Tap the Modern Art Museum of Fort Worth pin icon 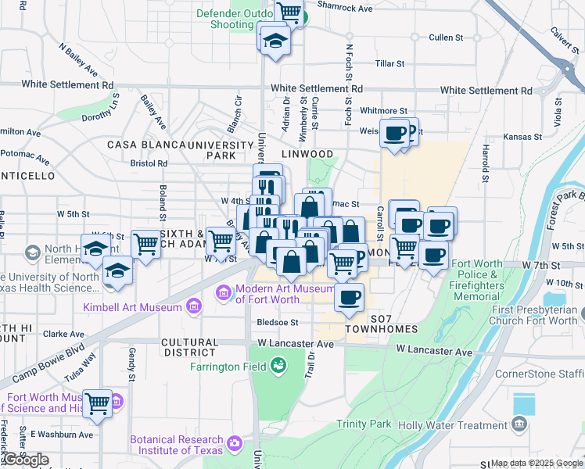click(224, 294)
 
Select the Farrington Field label click(226, 364)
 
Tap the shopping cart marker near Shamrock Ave click(289, 12)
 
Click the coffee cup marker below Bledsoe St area click(350, 297)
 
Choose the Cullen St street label click(447, 38)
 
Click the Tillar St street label click(389, 63)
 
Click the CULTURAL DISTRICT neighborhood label click(189, 347)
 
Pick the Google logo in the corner click(25, 460)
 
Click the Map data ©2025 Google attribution click(537, 463)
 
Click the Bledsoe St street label click(278, 322)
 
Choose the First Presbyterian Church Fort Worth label click(536, 315)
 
